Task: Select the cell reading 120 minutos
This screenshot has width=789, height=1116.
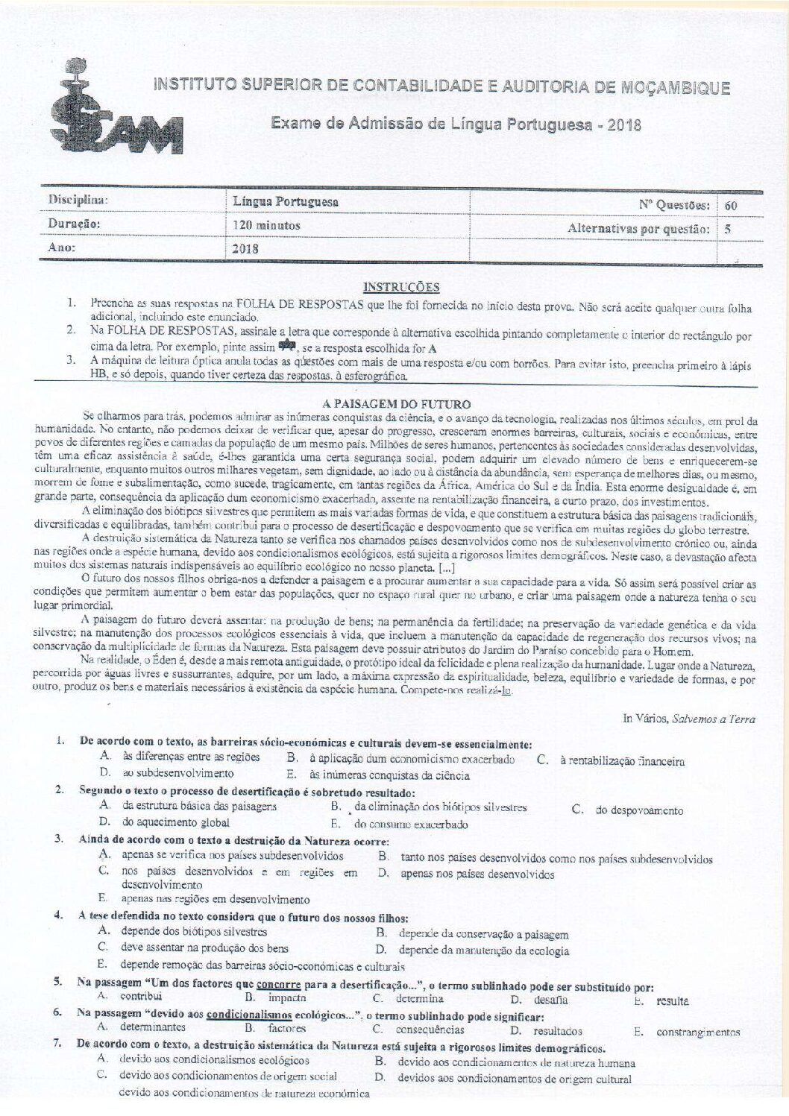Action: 267,225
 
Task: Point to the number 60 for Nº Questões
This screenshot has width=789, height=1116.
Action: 732,204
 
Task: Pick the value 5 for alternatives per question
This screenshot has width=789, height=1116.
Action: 727,229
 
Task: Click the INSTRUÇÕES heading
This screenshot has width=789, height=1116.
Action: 400,287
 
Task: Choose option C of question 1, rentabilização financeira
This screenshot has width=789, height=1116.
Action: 621,761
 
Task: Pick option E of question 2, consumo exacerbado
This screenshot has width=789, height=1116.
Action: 410,825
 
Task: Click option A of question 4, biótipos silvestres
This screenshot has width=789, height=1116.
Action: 194,932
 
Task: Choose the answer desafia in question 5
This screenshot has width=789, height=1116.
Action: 550,1000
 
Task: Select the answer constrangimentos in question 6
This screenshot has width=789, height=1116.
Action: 698,1033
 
